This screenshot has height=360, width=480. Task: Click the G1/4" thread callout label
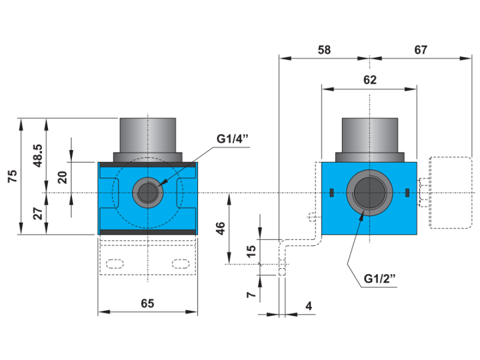pos(232,139)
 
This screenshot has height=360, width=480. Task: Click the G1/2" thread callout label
pos(380,279)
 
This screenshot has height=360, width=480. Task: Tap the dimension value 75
pos(12,176)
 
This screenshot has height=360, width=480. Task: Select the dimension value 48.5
pos(38,154)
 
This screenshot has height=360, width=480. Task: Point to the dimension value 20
pos(61,178)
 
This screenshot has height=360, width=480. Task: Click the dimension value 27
pos(38,214)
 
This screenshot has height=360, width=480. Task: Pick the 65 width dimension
pos(148,304)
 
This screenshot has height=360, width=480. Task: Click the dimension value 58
pos(324,50)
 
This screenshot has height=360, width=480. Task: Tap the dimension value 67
pos(421,50)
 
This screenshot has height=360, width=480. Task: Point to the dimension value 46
pos(220,228)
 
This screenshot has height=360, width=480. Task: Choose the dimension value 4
pos(308,306)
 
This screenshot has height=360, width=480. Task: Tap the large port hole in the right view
pos(369,193)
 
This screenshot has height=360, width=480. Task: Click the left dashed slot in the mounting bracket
pos(115,263)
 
